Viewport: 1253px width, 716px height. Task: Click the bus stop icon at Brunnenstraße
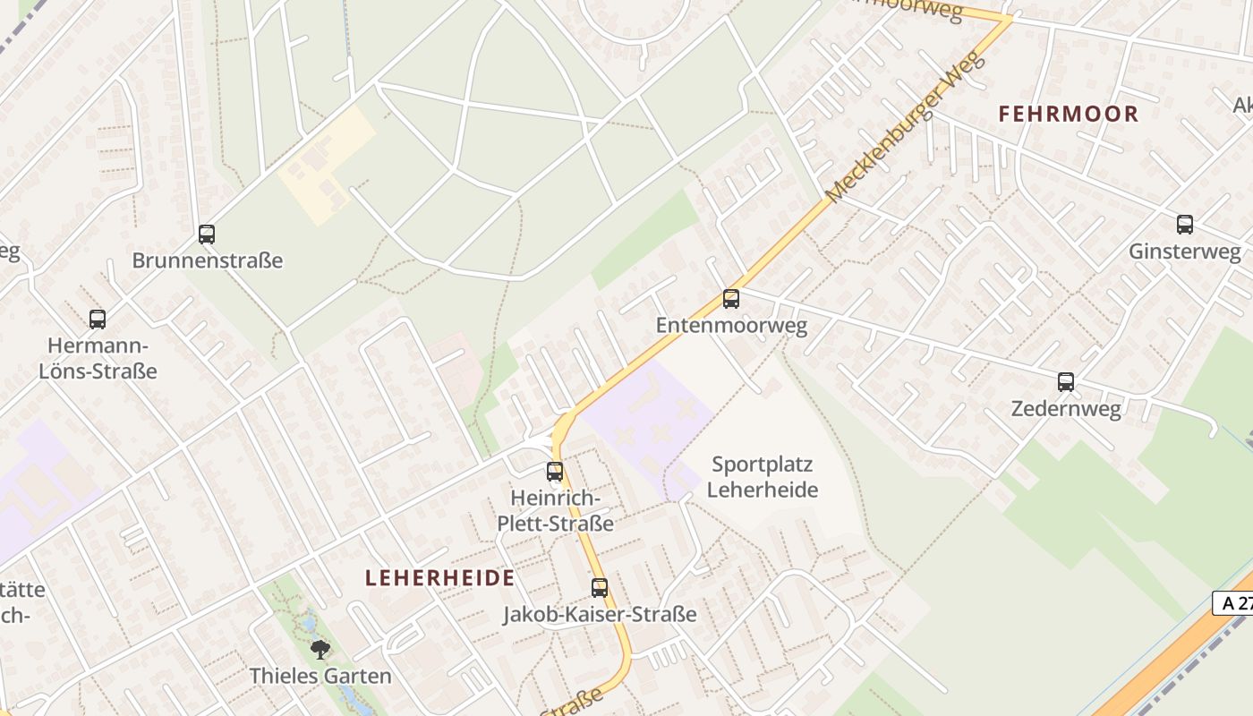pos(207,234)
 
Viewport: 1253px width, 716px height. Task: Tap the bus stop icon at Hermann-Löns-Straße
pos(98,319)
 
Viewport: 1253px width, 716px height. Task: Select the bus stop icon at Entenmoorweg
pos(731,299)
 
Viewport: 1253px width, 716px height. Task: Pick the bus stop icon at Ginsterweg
pos(1185,225)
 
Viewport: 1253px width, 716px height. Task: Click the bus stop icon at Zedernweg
pos(1066,382)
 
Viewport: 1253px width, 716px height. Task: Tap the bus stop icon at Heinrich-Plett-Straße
pos(555,472)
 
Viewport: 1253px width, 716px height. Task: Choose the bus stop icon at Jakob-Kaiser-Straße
pos(600,588)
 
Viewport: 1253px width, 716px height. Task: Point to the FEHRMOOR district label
pos(1069,114)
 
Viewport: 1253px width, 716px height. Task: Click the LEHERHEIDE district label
pos(439,578)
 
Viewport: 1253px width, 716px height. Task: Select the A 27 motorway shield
pos(1234,603)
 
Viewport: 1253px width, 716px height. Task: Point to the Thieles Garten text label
pos(320,676)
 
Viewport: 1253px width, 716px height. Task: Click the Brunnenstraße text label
pos(208,260)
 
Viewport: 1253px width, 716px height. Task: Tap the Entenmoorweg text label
pos(731,325)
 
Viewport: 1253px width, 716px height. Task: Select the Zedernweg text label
pos(1066,409)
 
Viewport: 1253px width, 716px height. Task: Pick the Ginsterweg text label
pos(1184,251)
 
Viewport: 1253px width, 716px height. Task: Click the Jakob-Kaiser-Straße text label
pos(600,615)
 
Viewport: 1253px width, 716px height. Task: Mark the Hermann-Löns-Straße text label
pos(98,358)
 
